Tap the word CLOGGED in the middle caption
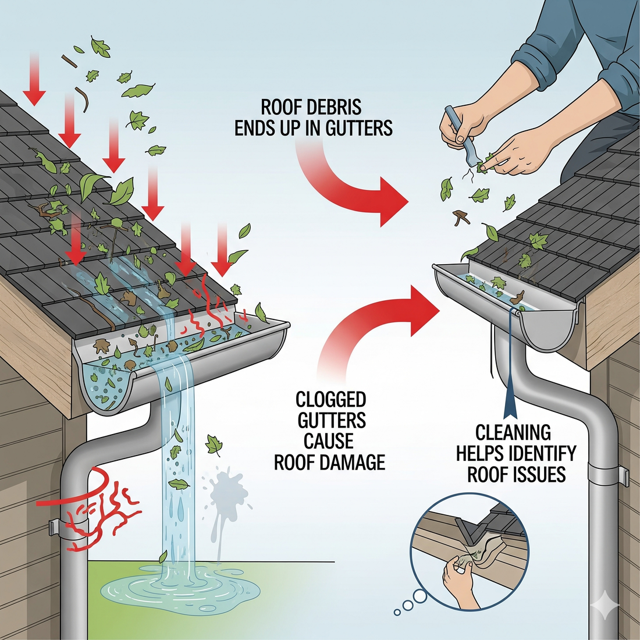click(330, 400)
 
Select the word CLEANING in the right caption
click(513, 432)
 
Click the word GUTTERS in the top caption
click(359, 128)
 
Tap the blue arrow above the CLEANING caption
click(511, 390)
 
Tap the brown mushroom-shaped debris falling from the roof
click(461, 217)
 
